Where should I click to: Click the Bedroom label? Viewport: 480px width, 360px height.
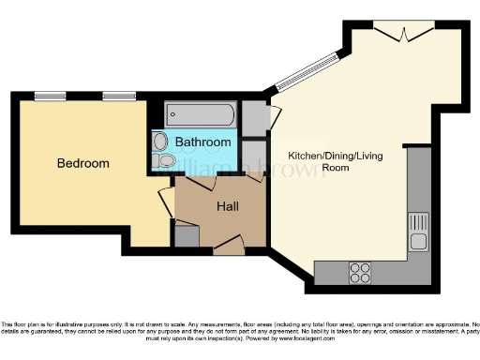point(82,163)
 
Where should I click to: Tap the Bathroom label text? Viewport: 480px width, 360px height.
point(203,142)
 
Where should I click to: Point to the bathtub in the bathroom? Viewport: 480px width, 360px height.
point(202,115)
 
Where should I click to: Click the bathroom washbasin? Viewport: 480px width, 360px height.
point(158,142)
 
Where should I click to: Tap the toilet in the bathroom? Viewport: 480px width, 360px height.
point(165,161)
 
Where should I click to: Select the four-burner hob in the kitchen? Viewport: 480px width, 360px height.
point(359,272)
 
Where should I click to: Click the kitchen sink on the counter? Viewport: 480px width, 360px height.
point(419,232)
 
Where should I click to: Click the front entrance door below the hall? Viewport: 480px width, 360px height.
point(229,247)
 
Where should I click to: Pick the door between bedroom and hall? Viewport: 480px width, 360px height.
point(165,202)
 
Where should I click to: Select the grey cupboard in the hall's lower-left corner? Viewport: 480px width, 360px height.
point(187,236)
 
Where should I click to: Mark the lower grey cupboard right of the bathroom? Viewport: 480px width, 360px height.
point(252,156)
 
